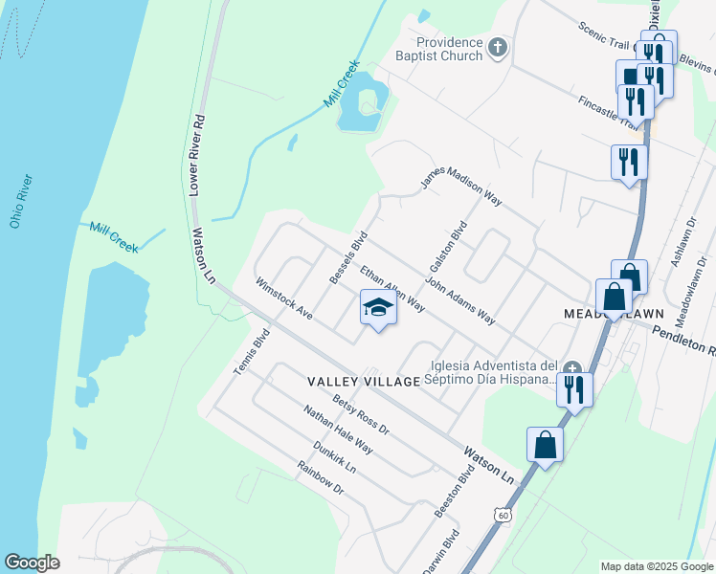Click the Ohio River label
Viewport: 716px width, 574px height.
pos(21,202)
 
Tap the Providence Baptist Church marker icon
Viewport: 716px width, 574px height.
pos(498,47)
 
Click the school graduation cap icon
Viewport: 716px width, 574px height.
pos(378,308)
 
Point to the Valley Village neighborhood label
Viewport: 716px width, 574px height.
pos(364,382)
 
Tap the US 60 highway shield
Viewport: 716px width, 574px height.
pos(503,515)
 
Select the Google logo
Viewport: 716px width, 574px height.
pos(32,563)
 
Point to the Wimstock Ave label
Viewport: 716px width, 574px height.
pos(284,298)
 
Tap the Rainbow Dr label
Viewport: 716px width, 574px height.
pos(320,478)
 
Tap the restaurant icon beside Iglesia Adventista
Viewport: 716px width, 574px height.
pos(574,388)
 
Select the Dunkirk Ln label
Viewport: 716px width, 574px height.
pos(334,457)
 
